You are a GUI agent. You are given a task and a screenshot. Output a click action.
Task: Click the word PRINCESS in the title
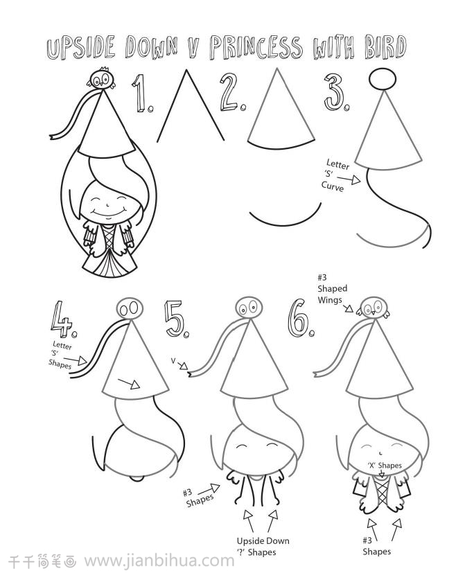[256, 47]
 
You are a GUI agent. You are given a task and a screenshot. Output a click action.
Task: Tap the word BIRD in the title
[385, 47]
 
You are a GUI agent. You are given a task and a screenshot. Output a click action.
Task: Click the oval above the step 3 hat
[383, 79]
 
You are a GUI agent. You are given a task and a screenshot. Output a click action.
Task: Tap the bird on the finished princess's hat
[101, 78]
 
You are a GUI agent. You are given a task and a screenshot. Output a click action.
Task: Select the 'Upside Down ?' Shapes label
[263, 546]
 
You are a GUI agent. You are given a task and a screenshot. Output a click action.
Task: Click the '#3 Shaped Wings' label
[332, 288]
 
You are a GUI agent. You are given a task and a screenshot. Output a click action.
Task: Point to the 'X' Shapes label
[385, 465]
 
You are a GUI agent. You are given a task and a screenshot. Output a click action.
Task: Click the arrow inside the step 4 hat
[129, 383]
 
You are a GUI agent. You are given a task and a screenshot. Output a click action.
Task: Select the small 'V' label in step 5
[173, 360]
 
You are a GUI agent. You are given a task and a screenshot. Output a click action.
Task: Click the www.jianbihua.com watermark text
[159, 561]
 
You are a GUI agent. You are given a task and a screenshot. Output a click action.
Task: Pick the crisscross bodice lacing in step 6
[382, 493]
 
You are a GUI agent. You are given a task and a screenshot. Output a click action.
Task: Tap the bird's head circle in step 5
[249, 308]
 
